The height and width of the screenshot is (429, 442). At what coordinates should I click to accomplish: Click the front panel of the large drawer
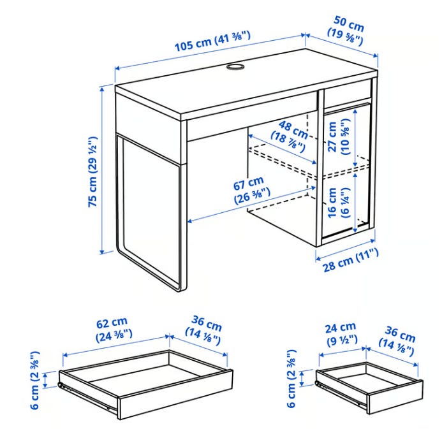point(175,394)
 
